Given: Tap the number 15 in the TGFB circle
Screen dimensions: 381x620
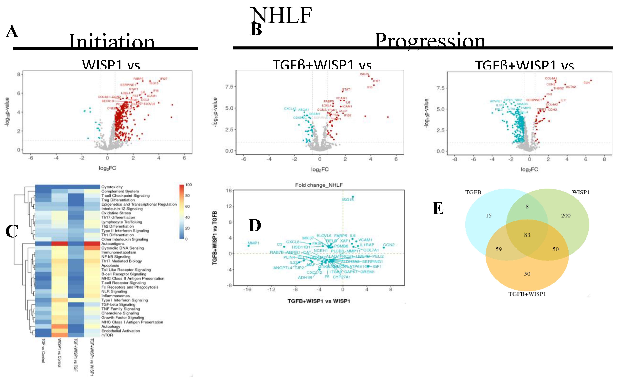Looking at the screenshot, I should [488, 216].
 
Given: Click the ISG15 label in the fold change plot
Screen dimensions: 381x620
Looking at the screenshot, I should [348, 200].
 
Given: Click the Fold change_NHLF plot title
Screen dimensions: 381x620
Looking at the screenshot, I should [319, 185].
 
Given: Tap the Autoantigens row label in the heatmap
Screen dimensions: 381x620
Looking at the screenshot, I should [113, 244].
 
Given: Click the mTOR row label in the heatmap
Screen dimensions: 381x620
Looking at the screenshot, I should [107, 335].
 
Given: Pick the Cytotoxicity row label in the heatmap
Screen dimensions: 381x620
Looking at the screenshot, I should [112, 187].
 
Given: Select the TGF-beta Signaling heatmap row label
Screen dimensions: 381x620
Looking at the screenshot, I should [118, 305].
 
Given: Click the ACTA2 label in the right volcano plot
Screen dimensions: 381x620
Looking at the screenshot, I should [571, 87].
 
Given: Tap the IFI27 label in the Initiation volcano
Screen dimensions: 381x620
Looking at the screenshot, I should [164, 79].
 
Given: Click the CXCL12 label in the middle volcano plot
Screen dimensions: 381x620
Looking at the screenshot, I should [290, 109].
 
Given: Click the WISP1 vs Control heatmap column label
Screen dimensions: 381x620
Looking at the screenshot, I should [59, 353].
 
